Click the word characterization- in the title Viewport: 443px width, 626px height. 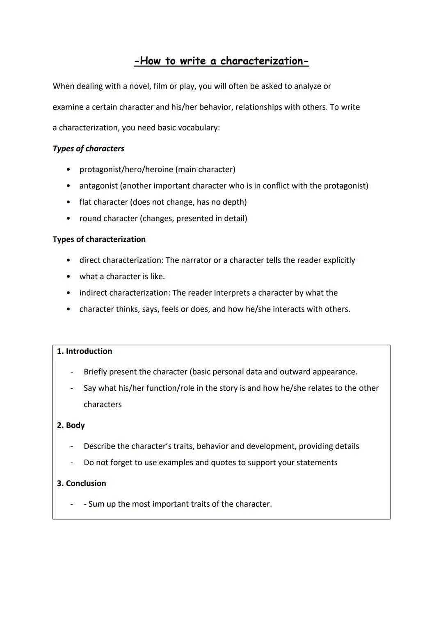click(265, 61)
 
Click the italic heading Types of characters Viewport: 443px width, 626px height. click(88, 148)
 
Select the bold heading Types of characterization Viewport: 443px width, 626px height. click(99, 239)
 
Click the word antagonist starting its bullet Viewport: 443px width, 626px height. click(98, 186)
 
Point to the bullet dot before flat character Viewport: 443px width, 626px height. click(68, 202)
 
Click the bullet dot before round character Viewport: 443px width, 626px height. click(68, 219)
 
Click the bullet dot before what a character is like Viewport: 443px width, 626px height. click(68, 277)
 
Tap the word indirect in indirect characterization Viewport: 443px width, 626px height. click(93, 293)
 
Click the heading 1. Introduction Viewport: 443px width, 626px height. click(84, 351)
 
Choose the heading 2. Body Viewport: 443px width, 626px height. click(71, 425)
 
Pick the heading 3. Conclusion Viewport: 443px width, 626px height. click(82, 483)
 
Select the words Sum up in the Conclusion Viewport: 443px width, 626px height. click(102, 504)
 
